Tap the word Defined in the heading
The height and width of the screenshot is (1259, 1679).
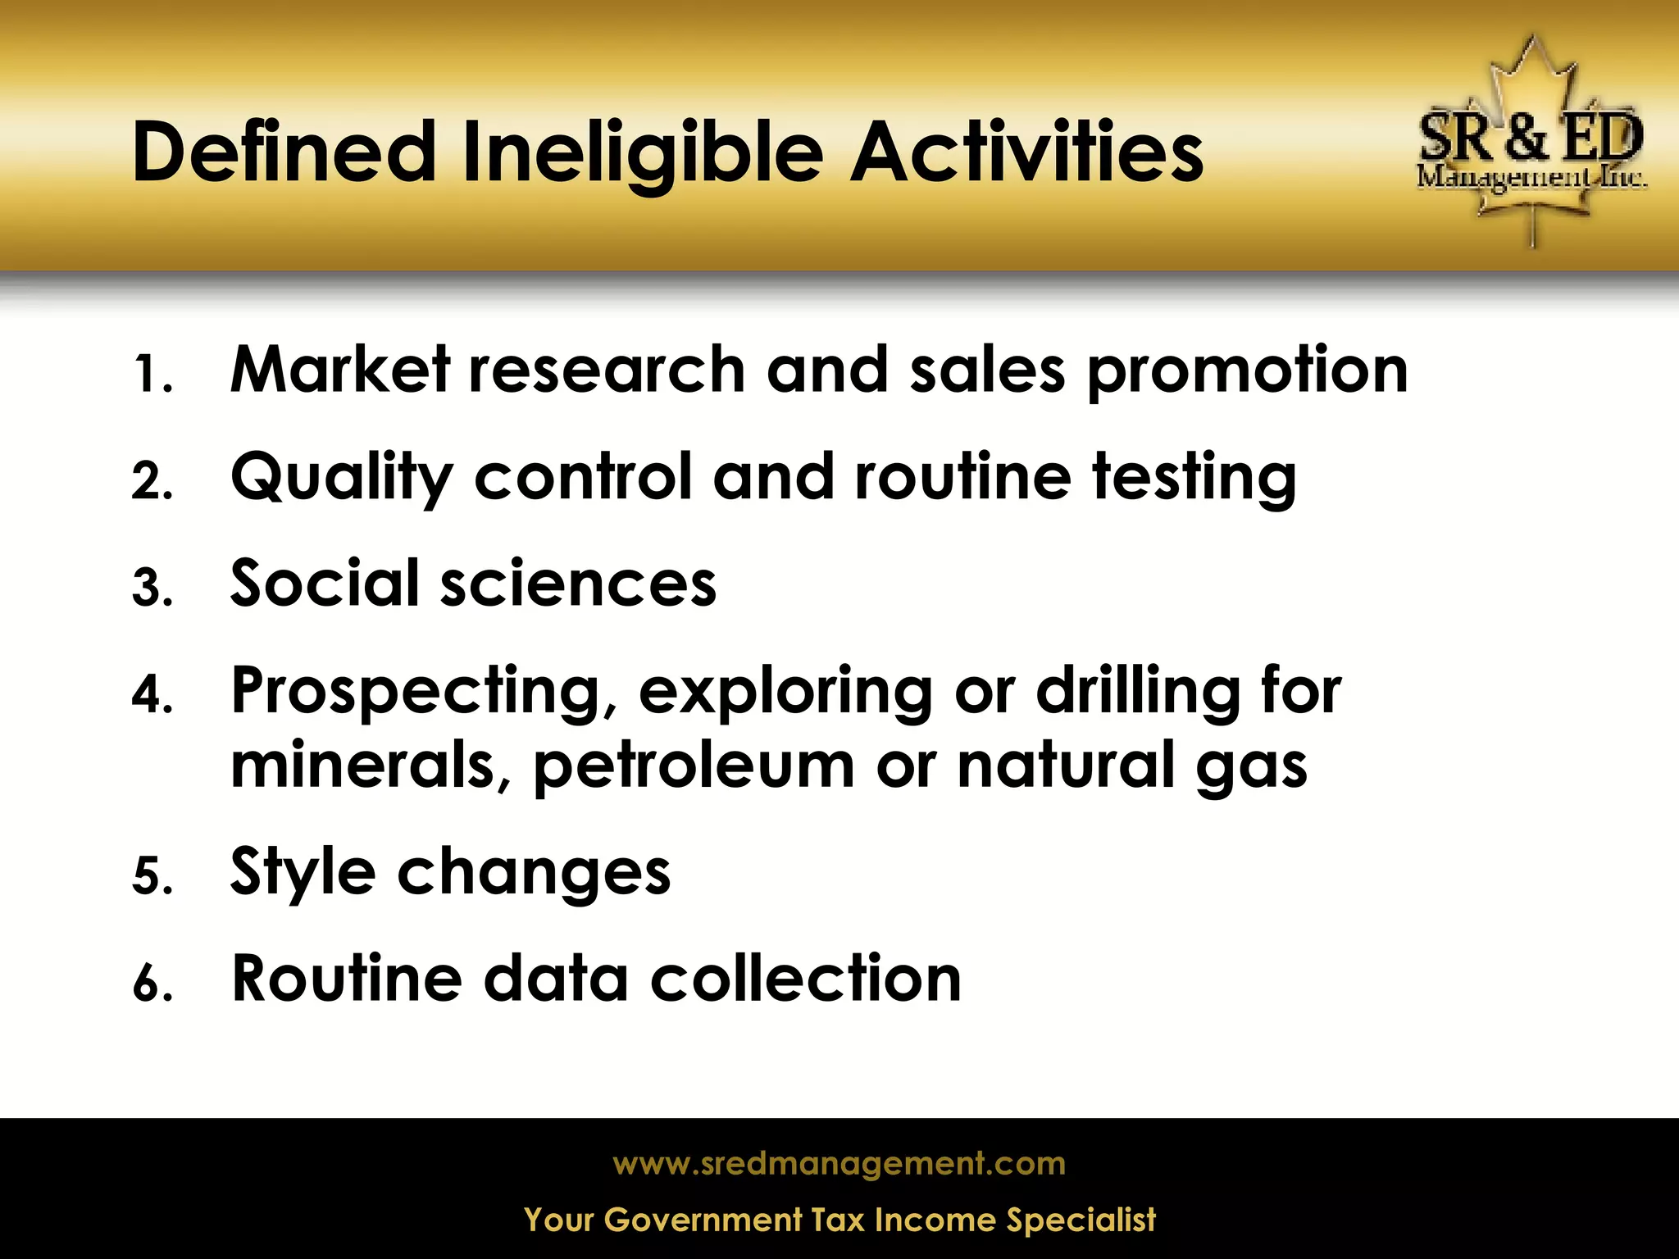(x=284, y=152)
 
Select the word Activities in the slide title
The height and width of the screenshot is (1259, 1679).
(x=1027, y=152)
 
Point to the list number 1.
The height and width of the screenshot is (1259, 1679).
(x=152, y=375)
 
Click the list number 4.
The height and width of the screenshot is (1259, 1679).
(x=152, y=696)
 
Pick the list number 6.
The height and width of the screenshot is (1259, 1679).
(x=152, y=983)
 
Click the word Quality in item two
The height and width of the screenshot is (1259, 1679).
(x=341, y=479)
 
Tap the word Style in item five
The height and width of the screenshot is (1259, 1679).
(x=303, y=873)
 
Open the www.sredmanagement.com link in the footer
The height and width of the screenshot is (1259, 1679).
(x=839, y=1164)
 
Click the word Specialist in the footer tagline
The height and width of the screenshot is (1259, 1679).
(x=1081, y=1220)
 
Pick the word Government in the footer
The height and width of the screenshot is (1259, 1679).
(x=703, y=1220)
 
